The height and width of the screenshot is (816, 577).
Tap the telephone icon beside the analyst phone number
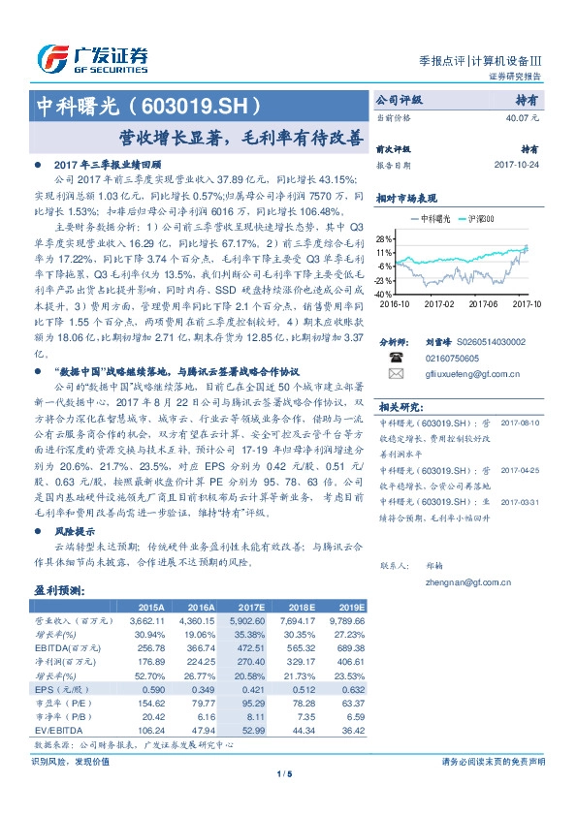[395, 356]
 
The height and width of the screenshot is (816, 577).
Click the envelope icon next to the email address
[395, 372]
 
